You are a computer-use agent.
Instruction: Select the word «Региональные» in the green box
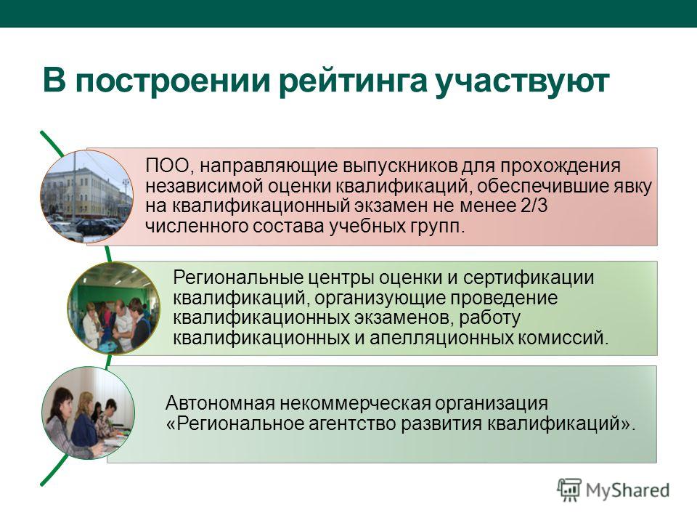click(238, 278)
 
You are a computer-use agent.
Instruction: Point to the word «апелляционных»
click(441, 338)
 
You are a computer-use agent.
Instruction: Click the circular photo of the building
click(86, 196)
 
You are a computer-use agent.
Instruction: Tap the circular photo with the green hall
click(114, 308)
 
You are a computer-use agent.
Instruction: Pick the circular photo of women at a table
click(88, 413)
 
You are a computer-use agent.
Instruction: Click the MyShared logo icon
click(569, 490)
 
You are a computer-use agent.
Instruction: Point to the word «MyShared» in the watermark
click(627, 490)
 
